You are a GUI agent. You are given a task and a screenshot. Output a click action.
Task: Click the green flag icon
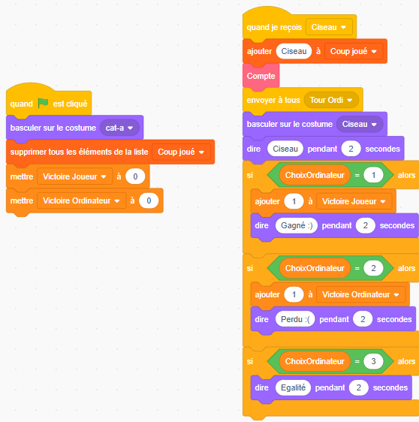click(x=43, y=103)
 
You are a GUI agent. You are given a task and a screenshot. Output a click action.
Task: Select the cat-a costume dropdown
click(x=119, y=128)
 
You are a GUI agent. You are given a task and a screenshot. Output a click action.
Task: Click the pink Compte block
click(x=261, y=76)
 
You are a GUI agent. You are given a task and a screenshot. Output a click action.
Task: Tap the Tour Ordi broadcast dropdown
click(x=331, y=100)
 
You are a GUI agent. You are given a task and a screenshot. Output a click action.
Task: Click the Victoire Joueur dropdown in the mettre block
click(x=74, y=176)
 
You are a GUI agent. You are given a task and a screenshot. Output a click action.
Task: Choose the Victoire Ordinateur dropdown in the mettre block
click(x=81, y=200)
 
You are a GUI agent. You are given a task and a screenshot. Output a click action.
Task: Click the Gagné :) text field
click(x=297, y=225)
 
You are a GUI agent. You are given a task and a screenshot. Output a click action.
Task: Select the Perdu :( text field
click(x=295, y=319)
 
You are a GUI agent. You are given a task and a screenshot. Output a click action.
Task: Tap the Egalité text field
click(x=293, y=387)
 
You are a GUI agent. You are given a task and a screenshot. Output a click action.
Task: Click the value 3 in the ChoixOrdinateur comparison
click(x=373, y=361)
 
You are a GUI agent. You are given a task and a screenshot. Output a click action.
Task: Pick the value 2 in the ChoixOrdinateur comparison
click(x=373, y=268)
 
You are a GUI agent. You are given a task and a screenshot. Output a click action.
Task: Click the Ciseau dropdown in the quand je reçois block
click(x=329, y=27)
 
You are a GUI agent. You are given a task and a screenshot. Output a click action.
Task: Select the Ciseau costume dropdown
click(x=360, y=124)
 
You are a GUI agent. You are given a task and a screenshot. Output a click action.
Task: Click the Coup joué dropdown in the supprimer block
click(x=181, y=152)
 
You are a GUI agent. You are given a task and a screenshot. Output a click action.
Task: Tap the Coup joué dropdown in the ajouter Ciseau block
click(x=354, y=51)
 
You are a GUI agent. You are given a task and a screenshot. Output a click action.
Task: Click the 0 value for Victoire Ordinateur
click(x=149, y=200)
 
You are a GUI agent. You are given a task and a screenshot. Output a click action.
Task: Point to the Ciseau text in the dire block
click(x=285, y=149)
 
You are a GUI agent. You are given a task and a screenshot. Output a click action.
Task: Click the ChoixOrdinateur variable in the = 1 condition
click(x=315, y=175)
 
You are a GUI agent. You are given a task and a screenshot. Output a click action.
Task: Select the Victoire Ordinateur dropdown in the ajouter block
click(x=360, y=294)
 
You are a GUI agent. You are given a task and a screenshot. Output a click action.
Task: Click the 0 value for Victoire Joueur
click(x=135, y=176)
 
